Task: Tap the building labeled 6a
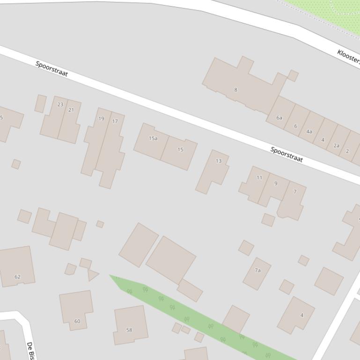[x=279, y=117]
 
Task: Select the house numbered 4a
[x=309, y=131]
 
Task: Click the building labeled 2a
[x=336, y=145]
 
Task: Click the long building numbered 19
[x=96, y=140]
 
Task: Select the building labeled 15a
[x=152, y=141]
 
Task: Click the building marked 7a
[x=257, y=273]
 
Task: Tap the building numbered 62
[x=17, y=267]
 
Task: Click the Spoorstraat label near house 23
[x=52, y=69]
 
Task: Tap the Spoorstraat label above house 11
[x=287, y=155]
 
